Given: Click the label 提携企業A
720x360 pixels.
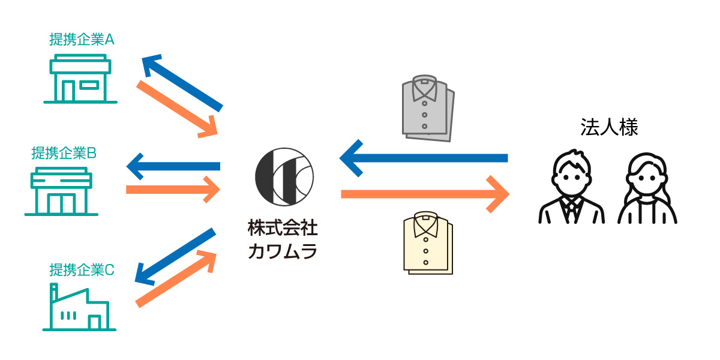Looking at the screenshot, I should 82,40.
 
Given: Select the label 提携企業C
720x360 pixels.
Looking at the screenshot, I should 82,269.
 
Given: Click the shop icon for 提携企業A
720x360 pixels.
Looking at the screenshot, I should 80,79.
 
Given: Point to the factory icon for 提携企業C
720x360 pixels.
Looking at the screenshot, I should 79,308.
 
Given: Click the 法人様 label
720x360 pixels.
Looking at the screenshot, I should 608,127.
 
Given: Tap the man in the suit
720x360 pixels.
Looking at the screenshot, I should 571,189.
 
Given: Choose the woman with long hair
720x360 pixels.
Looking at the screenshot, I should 647,189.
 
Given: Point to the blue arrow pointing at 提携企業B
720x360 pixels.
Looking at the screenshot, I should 173,166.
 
